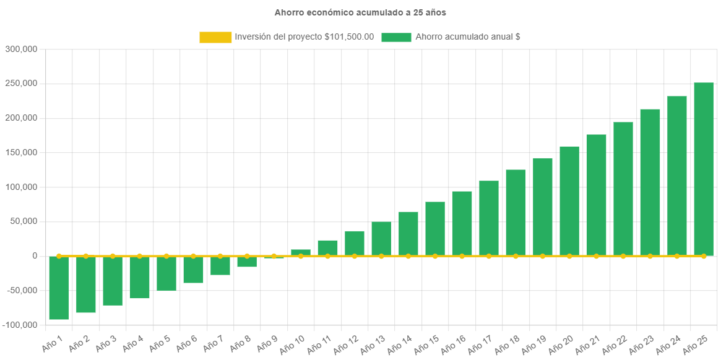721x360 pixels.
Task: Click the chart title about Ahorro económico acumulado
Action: tap(360, 12)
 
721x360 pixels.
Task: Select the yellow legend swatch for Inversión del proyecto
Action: tap(215, 37)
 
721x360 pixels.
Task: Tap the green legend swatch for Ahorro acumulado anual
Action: tap(396, 37)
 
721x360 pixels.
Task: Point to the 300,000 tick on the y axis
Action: tap(21, 49)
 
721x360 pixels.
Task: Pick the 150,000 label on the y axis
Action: tap(21, 153)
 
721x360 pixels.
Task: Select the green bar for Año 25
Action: tap(704, 169)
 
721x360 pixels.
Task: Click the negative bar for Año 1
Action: tap(59, 288)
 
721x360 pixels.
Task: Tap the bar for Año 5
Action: tap(166, 273)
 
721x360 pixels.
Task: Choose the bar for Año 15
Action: tap(435, 229)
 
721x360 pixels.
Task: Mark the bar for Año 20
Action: tap(569, 201)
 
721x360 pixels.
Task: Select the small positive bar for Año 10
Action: tap(301, 252)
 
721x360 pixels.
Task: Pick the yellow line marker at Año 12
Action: tap(355, 256)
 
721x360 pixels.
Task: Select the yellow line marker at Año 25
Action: tap(704, 256)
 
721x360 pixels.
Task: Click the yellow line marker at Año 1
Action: tap(59, 256)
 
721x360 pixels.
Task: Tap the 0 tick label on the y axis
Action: tap(35, 256)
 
